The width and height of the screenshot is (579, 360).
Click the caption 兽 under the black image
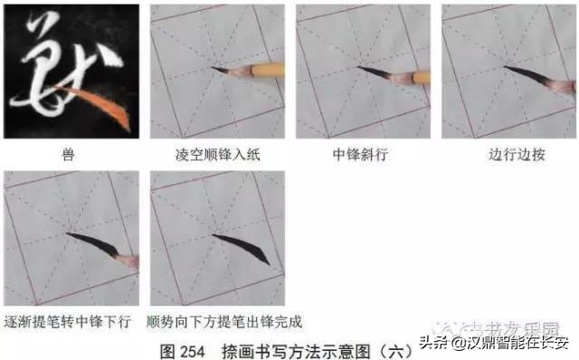[x=70, y=155]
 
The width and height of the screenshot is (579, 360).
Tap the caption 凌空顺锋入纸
[x=215, y=155]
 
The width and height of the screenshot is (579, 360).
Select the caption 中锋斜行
[x=362, y=155]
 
